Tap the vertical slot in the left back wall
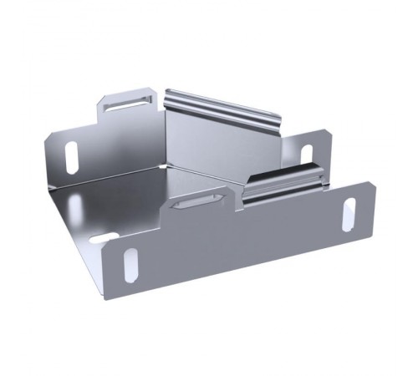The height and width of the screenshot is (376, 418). (x=71, y=155)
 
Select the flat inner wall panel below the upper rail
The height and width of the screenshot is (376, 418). (x=205, y=142)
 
